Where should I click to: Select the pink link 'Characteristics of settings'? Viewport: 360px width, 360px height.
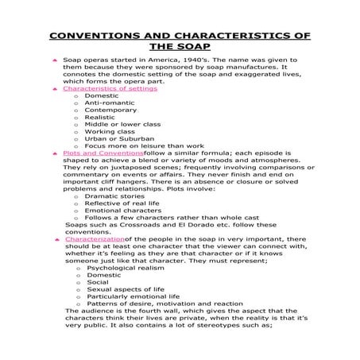[x=110, y=88]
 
